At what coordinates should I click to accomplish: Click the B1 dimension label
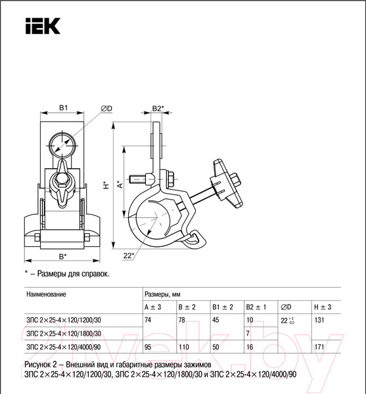pyautogui.click(x=64, y=106)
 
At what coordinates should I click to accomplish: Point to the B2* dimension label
pyautogui.click(x=158, y=107)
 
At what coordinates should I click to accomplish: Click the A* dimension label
pyautogui.click(x=120, y=185)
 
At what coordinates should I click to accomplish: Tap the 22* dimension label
pyautogui.click(x=129, y=255)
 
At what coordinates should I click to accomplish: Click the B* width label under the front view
pyautogui.click(x=62, y=255)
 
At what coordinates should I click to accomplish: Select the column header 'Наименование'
pyautogui.click(x=46, y=295)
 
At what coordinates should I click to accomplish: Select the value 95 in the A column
pyautogui.click(x=149, y=346)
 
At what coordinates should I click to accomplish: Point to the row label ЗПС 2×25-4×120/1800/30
pyautogui.click(x=64, y=333)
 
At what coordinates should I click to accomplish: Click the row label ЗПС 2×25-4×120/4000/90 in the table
pyautogui.click(x=64, y=346)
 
